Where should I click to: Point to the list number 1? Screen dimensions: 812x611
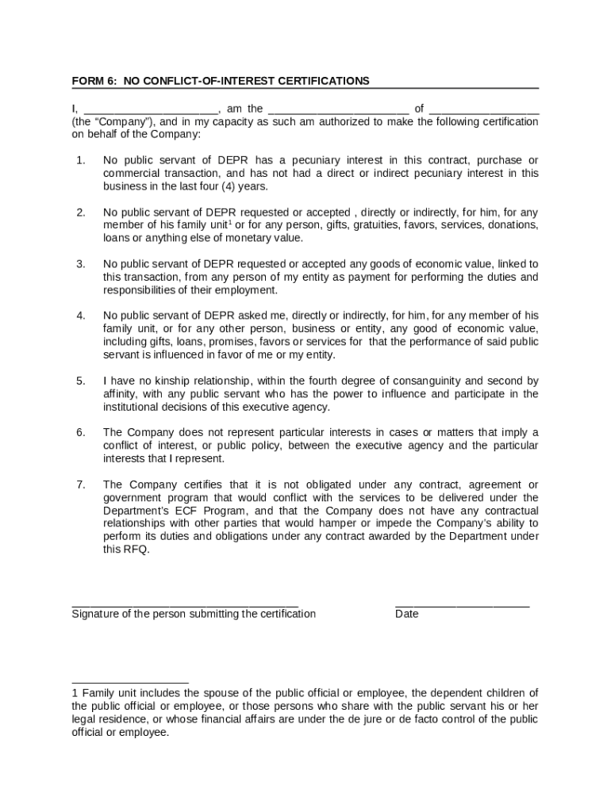tap(81, 161)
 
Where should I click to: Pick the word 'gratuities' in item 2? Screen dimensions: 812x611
tap(376, 225)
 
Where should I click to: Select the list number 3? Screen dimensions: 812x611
tap(81, 264)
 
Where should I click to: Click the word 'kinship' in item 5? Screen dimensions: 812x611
tap(162, 381)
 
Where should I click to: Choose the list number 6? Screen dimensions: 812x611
tap(81, 432)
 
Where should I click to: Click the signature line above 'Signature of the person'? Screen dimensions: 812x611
tap(185, 605)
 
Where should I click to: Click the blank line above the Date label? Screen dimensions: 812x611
tap(462, 605)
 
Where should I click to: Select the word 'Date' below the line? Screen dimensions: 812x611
tap(406, 614)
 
